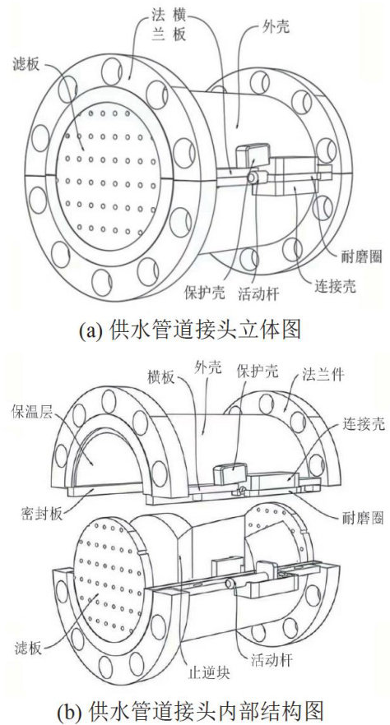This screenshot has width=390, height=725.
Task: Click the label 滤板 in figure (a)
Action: (x=26, y=64)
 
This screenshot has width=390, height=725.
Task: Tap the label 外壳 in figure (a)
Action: (x=276, y=27)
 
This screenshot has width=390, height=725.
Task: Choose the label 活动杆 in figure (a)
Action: (x=258, y=294)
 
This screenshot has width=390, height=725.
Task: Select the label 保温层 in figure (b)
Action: (x=32, y=412)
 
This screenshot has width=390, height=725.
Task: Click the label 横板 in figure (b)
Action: (x=161, y=377)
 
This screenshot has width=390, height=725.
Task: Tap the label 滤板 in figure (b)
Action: (x=28, y=649)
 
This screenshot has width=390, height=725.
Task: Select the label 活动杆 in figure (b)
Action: (x=271, y=660)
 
